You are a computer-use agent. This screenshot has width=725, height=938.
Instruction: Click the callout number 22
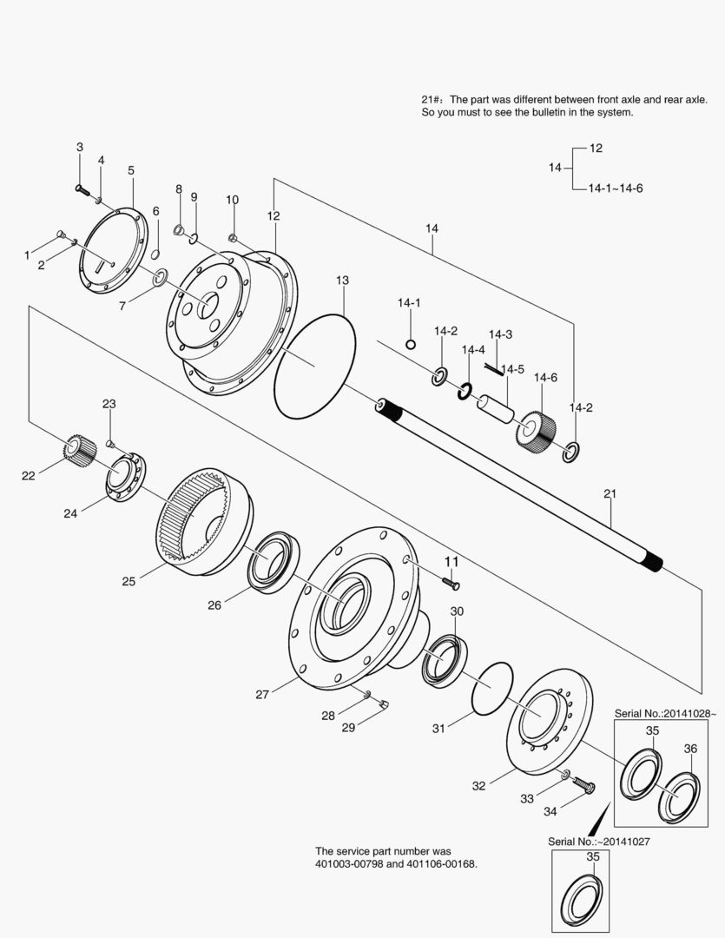point(29,475)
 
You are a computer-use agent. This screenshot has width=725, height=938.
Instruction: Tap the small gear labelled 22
point(79,450)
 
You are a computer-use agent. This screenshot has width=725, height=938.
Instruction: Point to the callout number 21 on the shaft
point(609,494)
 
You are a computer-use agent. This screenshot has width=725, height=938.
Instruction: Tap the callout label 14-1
point(409,303)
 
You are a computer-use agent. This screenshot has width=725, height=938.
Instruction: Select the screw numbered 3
point(80,186)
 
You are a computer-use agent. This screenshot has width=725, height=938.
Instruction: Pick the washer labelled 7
point(159,278)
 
